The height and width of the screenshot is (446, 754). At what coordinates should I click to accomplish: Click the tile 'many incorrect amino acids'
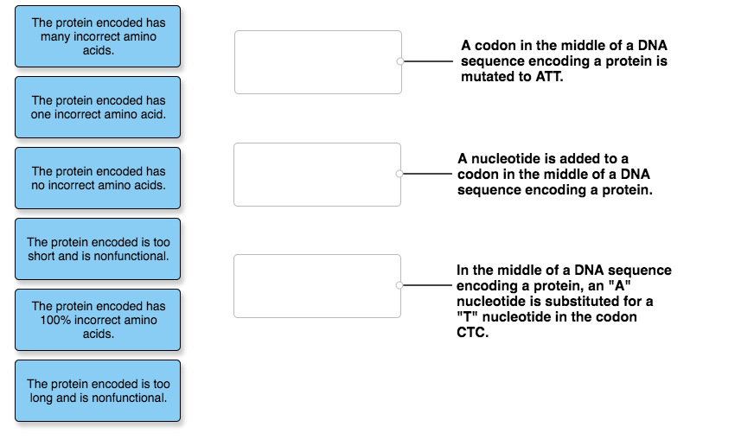tap(98, 36)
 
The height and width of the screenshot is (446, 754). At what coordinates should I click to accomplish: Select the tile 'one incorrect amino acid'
tap(98, 107)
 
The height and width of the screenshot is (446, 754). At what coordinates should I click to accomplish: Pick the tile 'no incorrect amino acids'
tap(98, 178)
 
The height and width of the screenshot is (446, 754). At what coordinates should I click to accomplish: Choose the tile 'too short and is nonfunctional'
tap(98, 249)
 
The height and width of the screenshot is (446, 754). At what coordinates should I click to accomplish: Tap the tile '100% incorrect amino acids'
tap(98, 320)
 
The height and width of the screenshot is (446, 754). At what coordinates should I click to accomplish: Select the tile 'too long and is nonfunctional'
tap(98, 391)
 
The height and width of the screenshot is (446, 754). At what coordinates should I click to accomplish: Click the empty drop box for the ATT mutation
tap(317, 62)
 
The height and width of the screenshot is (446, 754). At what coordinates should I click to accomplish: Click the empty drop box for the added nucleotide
tap(317, 175)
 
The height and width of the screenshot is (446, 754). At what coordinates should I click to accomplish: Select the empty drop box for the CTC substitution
tap(317, 285)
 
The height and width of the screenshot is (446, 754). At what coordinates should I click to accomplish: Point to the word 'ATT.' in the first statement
tap(548, 77)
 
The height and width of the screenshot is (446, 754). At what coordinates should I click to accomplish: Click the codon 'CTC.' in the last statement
tap(472, 333)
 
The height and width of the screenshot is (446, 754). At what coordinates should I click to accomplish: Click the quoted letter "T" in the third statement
tap(464, 317)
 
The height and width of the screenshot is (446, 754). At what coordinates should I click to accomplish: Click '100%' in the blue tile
tap(54, 320)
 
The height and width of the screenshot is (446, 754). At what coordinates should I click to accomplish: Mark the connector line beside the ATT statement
tap(427, 62)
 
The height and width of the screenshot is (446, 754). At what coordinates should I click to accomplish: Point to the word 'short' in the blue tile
tap(42, 256)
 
